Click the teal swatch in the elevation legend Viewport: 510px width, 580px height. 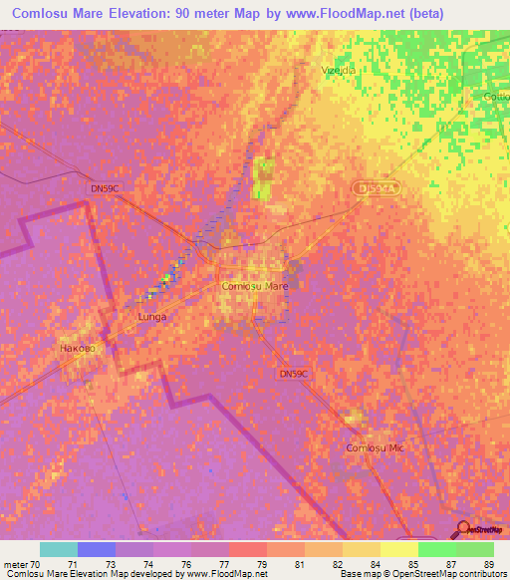coord(59,549)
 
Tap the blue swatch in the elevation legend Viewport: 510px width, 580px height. coord(97,549)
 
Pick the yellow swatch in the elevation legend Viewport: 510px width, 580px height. coord(399,549)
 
